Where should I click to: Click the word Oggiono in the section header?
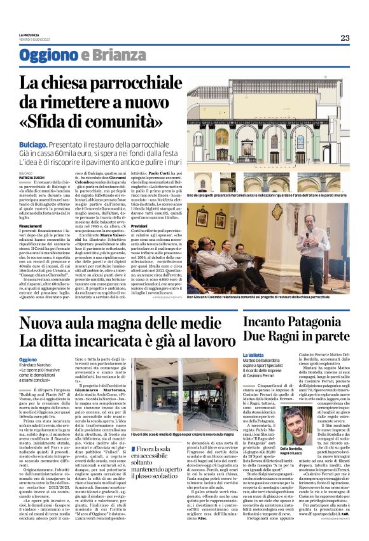tap(48, 55)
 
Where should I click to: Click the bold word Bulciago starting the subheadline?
tap(33, 146)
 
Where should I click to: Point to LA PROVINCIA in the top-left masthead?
tap(29, 35)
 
